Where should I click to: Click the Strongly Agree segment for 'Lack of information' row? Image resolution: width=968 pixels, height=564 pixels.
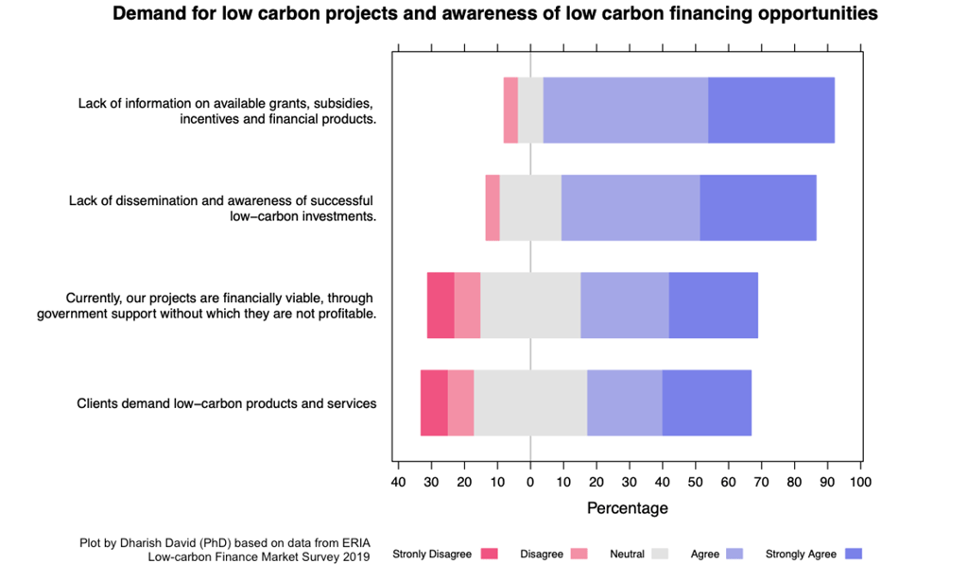pyautogui.click(x=771, y=110)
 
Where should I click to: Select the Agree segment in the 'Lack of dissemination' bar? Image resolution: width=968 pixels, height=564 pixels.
pyautogui.click(x=631, y=208)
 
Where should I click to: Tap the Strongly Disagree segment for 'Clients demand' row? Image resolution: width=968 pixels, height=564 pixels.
pyautogui.click(x=434, y=402)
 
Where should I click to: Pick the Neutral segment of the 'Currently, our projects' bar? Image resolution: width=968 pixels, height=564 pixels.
pyautogui.click(x=530, y=305)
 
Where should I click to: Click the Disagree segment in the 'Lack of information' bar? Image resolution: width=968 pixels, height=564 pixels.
pyautogui.click(x=510, y=110)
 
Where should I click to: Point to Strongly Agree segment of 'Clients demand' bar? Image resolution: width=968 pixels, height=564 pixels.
pyautogui.click(x=706, y=402)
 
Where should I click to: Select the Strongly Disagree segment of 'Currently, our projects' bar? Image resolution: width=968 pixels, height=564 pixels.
pyautogui.click(x=441, y=305)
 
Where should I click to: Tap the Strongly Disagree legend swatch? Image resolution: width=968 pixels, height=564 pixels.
pyautogui.click(x=489, y=554)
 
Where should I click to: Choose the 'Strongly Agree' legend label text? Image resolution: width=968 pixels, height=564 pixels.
pyautogui.click(x=801, y=554)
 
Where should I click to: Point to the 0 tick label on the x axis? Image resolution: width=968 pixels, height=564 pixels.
pyautogui.click(x=530, y=482)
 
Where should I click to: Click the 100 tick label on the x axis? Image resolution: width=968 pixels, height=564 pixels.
pyautogui.click(x=860, y=482)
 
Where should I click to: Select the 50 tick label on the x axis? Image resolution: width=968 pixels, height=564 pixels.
pyautogui.click(x=695, y=482)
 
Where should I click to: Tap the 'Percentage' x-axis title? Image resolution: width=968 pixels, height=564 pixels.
pyautogui.click(x=628, y=508)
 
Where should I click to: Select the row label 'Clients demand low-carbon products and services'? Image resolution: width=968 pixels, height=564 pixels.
pyautogui.click(x=227, y=403)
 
